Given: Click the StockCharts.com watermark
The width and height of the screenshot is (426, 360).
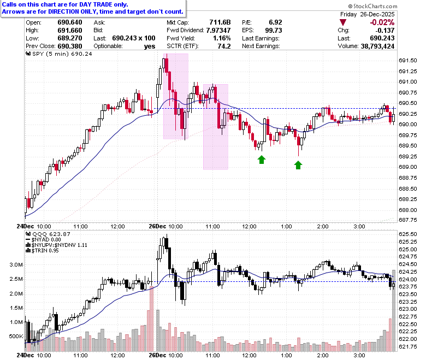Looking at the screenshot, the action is (372, 6).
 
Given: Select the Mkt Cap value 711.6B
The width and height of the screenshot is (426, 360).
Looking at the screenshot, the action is (220, 22).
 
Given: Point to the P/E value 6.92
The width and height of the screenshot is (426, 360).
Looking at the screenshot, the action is (275, 22).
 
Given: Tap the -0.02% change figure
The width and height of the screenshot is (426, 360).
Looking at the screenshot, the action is (382, 22).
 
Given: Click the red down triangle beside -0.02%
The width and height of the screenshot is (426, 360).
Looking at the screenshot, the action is (343, 22).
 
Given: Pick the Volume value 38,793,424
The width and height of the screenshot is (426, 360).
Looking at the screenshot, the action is (377, 46).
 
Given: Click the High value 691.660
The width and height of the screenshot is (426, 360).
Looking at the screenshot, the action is (70, 30).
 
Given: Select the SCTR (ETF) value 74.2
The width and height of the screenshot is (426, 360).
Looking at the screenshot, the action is (224, 46).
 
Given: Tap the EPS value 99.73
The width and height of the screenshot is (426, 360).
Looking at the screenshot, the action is (274, 30).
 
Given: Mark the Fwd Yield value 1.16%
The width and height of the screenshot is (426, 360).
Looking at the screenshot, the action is (222, 38).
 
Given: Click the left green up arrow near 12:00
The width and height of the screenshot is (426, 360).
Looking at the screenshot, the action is (262, 160).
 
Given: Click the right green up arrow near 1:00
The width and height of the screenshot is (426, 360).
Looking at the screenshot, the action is (298, 165).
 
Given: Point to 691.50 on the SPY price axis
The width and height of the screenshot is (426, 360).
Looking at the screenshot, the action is (408, 60).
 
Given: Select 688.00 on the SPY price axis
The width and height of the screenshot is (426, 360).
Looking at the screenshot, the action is (408, 210).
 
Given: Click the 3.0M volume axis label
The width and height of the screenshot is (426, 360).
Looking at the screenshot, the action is (16, 264).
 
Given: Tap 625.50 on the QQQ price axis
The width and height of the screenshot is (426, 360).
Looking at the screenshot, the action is (408, 234).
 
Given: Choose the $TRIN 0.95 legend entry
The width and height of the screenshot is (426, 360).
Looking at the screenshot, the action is (43, 251).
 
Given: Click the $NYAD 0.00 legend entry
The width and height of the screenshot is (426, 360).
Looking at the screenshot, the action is (43, 240).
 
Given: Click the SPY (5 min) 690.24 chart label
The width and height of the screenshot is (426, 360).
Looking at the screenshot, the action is (59, 54).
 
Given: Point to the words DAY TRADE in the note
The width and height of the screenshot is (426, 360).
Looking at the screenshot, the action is (95, 4).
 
